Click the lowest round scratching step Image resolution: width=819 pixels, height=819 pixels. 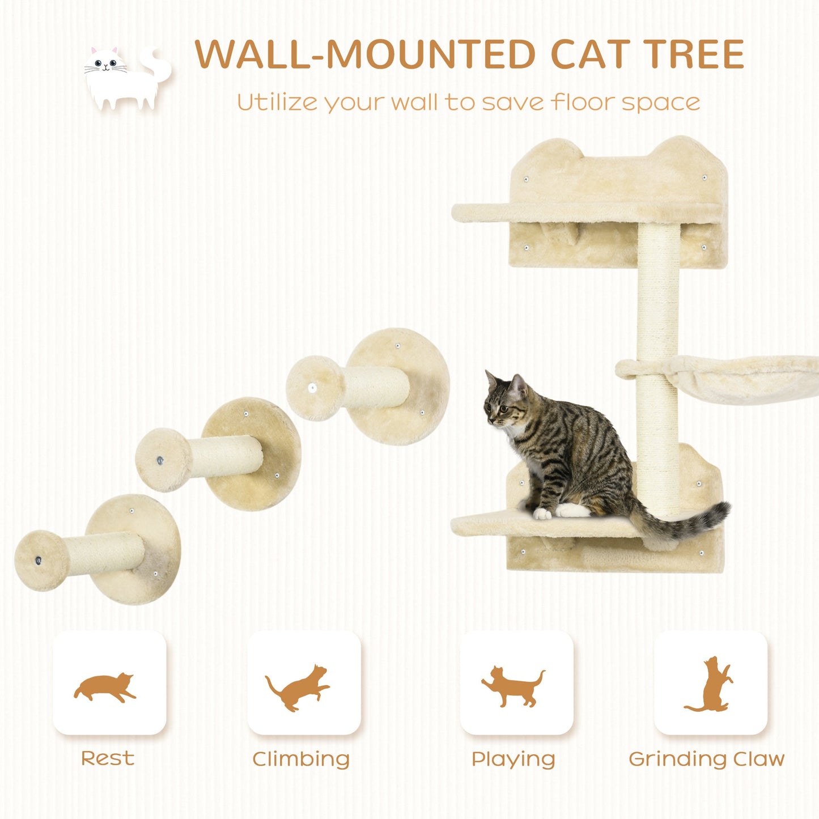coord(99,551)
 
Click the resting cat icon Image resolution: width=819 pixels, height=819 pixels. coord(105,687)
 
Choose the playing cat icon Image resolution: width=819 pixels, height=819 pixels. coord(514,686)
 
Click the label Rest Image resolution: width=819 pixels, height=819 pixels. coord(108,758)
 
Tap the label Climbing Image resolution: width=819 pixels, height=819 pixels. coord(301,759)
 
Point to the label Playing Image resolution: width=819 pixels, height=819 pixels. coord(514,759)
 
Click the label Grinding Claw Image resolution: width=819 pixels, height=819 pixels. coord(706,758)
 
